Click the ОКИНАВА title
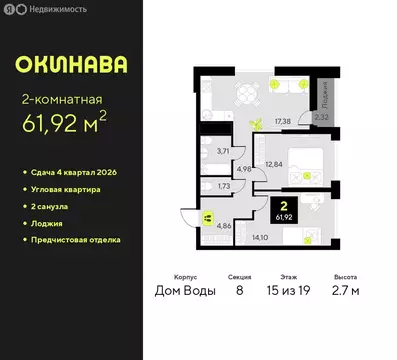(70, 67)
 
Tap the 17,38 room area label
(282, 121)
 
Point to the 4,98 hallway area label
(244, 169)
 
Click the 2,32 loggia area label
(321, 117)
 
